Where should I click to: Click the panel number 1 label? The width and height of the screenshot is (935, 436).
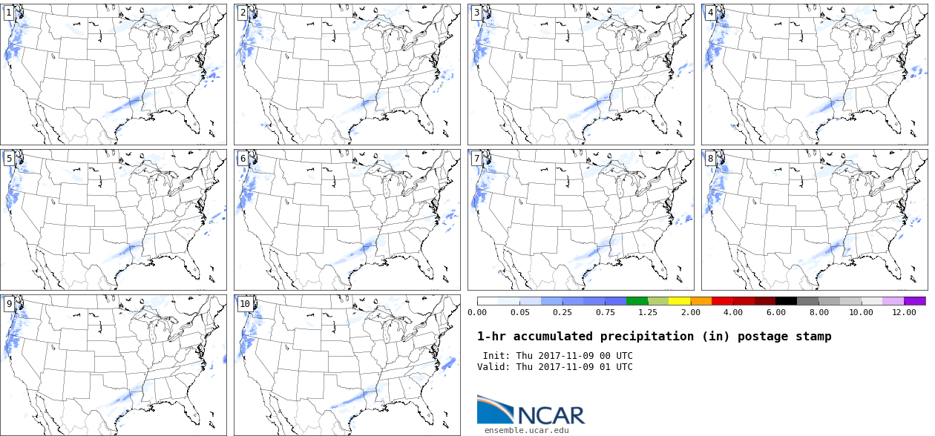(x=8, y=13)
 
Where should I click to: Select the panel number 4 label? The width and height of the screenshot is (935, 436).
(x=710, y=13)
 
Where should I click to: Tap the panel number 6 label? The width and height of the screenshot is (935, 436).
(x=243, y=158)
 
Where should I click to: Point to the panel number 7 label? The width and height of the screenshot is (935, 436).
(x=476, y=158)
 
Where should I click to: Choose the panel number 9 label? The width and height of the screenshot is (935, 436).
(x=8, y=303)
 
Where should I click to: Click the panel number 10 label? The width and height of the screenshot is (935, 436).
(x=245, y=303)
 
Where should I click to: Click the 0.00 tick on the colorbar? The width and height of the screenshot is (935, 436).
(x=477, y=312)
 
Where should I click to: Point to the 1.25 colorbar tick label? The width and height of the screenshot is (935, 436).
(x=647, y=312)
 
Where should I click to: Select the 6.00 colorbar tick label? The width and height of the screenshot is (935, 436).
(x=775, y=312)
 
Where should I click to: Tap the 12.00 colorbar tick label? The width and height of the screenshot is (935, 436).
(x=904, y=312)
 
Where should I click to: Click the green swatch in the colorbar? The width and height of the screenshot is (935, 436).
(x=637, y=301)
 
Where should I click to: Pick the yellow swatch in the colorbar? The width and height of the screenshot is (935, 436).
(x=680, y=301)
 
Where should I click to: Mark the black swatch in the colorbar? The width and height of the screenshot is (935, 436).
(x=787, y=301)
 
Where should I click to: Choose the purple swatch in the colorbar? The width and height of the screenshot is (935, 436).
(x=915, y=301)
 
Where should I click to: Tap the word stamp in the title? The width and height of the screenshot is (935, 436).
(x=814, y=337)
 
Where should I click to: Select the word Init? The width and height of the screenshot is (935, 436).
(x=496, y=356)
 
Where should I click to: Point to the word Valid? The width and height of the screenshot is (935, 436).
(x=493, y=367)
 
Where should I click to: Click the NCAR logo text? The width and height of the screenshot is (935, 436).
(x=551, y=414)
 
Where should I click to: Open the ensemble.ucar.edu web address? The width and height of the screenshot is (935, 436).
(x=527, y=430)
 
